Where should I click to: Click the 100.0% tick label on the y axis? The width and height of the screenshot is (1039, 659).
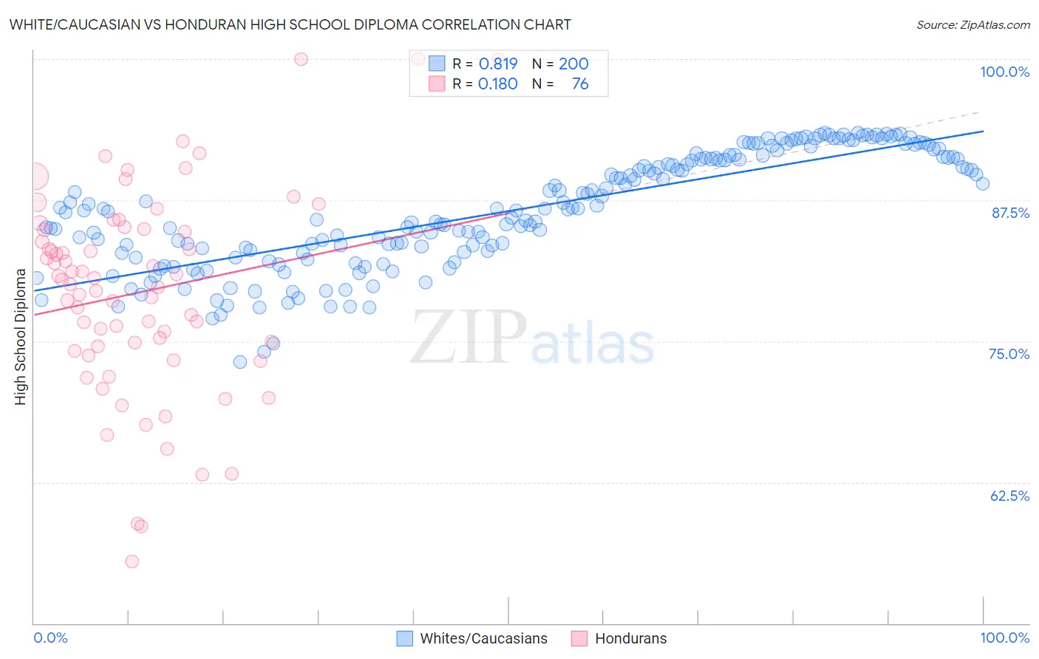pyautogui.click(x=1004, y=72)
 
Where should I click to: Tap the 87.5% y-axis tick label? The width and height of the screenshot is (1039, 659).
pyautogui.click(x=1010, y=213)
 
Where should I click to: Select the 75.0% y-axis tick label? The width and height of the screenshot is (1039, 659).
pyautogui.click(x=1009, y=354)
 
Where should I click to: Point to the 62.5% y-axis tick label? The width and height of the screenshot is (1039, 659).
pyautogui.click(x=1009, y=496)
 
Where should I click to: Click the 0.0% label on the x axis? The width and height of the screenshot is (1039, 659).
pyautogui.click(x=50, y=638)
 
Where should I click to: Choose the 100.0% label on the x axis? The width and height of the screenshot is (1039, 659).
pyautogui.click(x=1004, y=638)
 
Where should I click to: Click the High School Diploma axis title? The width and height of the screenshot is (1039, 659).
pyautogui.click(x=21, y=337)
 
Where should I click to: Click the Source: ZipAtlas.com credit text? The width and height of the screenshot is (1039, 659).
pyautogui.click(x=972, y=25)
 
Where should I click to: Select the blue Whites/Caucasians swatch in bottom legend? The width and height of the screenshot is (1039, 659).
pyautogui.click(x=404, y=638)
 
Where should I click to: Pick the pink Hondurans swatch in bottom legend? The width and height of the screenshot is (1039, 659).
pyautogui.click(x=579, y=638)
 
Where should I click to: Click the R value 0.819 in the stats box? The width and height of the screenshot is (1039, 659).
pyautogui.click(x=498, y=64)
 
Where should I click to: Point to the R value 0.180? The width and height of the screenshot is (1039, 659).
pyautogui.click(x=498, y=84)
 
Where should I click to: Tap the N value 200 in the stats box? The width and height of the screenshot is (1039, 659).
pyautogui.click(x=573, y=64)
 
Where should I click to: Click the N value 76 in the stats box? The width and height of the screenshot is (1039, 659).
pyautogui.click(x=580, y=84)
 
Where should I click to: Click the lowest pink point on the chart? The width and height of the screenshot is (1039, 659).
pyautogui.click(x=132, y=561)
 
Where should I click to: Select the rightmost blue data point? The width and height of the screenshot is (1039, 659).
pyautogui.click(x=982, y=184)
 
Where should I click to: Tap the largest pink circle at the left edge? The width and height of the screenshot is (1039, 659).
pyautogui.click(x=34, y=177)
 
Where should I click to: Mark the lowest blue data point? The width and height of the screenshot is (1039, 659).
pyautogui.click(x=240, y=362)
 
